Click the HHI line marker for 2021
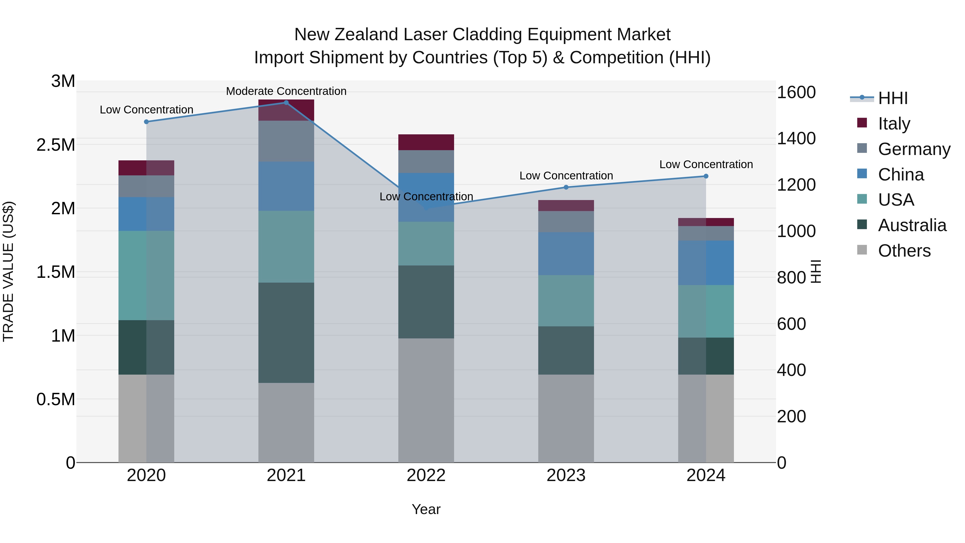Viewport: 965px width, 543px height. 286,103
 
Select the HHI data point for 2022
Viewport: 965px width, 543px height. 426,208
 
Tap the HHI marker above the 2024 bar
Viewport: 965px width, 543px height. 706,176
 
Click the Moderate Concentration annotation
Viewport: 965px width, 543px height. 286,91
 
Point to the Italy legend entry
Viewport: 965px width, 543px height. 894,123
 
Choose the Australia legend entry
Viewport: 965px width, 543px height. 912,225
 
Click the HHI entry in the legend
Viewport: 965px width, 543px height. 893,98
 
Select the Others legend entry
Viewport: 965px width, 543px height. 904,251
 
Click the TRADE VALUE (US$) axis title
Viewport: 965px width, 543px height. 8,271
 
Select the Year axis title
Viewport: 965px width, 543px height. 426,509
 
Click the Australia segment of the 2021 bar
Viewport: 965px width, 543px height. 286,333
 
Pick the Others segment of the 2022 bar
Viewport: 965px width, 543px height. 426,400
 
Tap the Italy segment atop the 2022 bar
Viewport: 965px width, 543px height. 426,142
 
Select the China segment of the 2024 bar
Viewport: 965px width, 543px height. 706,263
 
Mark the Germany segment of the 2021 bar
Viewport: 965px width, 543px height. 286,141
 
